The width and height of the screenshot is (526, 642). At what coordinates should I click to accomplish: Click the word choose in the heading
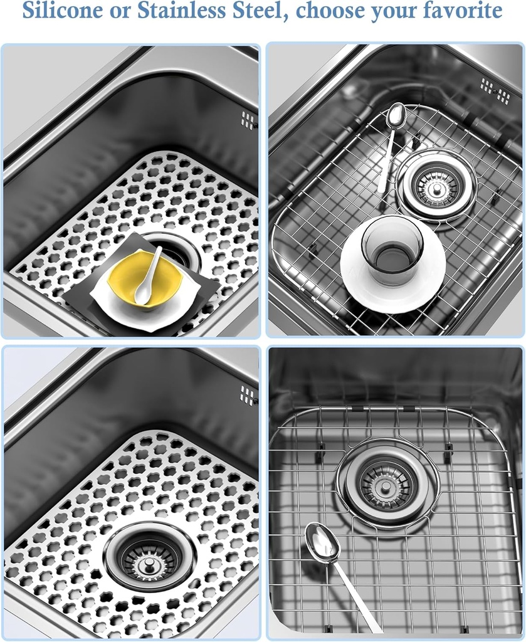click(331, 11)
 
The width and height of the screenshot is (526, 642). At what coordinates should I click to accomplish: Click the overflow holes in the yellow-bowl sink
click(249, 120)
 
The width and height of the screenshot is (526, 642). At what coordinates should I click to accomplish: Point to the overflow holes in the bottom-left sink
click(248, 395)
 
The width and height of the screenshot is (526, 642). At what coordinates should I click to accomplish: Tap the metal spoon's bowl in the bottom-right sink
click(322, 542)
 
